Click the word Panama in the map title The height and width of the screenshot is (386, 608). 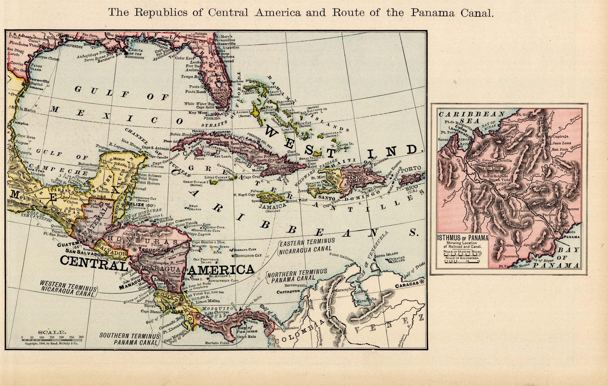pos(433,13)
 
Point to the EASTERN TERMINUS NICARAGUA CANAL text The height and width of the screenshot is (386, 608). pos(307,246)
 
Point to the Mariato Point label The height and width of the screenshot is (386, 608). pos(217,343)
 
